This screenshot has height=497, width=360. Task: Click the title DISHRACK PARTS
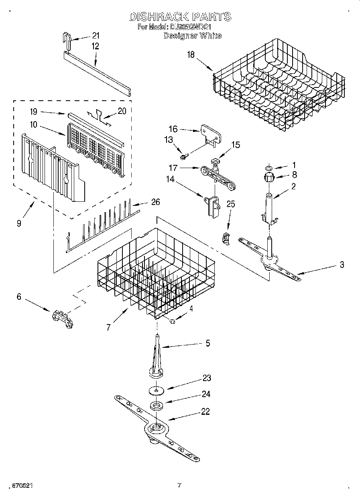[180, 16]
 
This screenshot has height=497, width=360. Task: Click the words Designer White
[192, 36]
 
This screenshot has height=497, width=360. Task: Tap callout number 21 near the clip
[96, 35]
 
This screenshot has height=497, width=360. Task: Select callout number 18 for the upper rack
[191, 55]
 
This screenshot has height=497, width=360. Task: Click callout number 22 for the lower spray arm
[205, 411]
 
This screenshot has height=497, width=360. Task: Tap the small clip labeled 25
[226, 238]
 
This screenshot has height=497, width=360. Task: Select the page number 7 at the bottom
[179, 485]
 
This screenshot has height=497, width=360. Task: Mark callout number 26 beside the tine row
[155, 202]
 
